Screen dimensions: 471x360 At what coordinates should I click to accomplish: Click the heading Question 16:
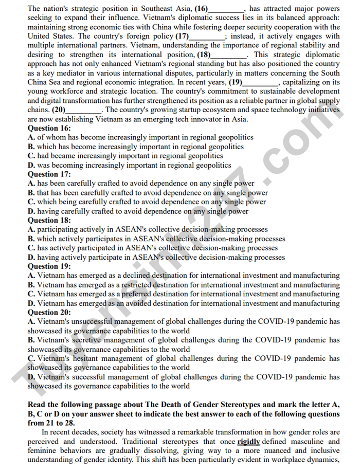(49, 129)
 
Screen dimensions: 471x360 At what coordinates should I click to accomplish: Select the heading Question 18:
(49, 221)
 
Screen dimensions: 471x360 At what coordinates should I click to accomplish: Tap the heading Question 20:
(49, 312)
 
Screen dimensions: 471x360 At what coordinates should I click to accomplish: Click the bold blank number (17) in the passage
(182, 37)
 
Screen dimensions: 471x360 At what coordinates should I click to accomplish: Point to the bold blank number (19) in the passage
(236, 82)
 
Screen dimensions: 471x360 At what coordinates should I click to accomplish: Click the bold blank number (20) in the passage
(59, 110)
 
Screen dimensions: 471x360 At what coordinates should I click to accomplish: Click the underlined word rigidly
(248, 442)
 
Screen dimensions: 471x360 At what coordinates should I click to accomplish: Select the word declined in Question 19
(135, 276)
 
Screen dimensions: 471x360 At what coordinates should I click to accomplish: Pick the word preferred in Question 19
(138, 294)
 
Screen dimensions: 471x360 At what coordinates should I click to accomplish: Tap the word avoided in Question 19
(135, 303)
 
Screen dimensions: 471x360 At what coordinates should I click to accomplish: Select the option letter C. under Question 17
(31, 202)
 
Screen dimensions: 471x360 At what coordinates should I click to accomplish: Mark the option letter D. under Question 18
(31, 257)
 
